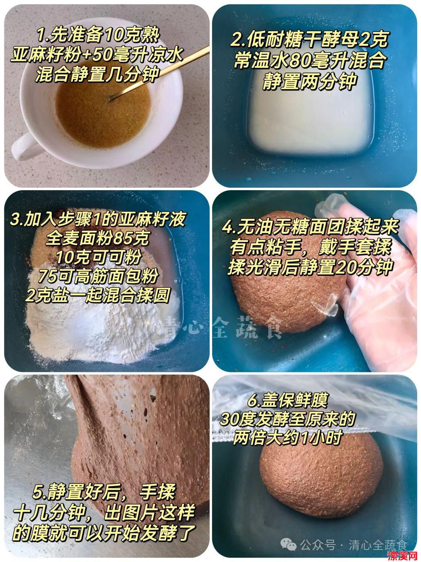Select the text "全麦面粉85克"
click(x=97, y=238)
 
